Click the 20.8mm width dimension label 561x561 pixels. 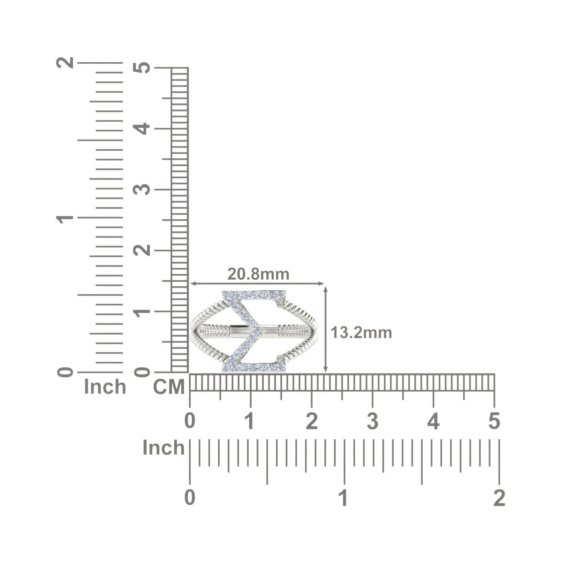tap(258, 274)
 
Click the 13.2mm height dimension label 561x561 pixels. tap(361, 333)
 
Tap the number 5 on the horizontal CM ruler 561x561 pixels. tap(494, 421)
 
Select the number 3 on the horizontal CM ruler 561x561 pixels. tap(372, 421)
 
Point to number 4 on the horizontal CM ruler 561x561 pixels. tap(433, 421)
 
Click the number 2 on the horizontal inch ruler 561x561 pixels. tap(499, 498)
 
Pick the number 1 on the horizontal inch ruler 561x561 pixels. tap(344, 498)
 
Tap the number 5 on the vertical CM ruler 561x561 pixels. tap(141, 68)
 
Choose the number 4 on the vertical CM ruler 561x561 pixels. tap(141, 129)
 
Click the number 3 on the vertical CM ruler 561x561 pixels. tap(141, 190)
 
